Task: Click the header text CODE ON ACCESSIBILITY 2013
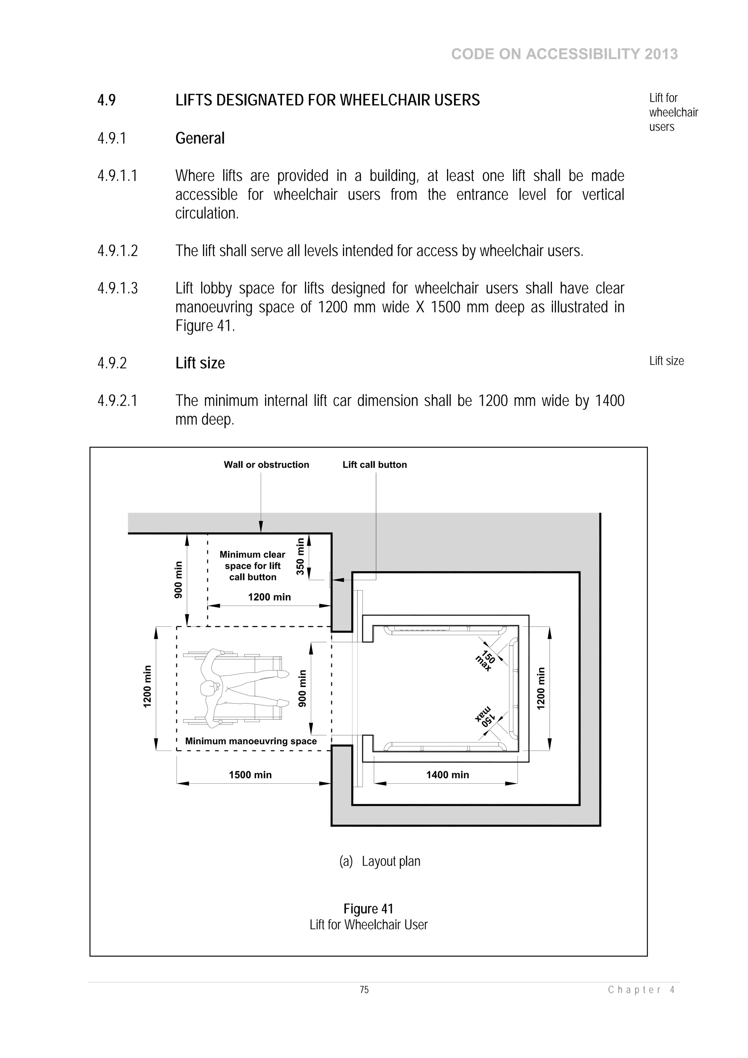(x=564, y=54)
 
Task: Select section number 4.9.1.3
(x=118, y=289)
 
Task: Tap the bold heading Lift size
(x=200, y=363)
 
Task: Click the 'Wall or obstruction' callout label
(x=266, y=465)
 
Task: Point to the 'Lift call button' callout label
(x=375, y=465)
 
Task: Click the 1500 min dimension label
(x=250, y=775)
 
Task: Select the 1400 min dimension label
(x=447, y=775)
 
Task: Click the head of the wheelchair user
(x=208, y=688)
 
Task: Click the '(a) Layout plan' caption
(x=380, y=861)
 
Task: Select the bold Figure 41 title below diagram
(x=368, y=909)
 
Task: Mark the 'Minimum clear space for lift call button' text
(x=252, y=566)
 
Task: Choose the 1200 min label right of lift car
(x=541, y=688)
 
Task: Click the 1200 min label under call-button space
(x=269, y=597)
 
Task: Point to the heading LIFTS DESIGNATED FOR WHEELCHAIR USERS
(x=327, y=100)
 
